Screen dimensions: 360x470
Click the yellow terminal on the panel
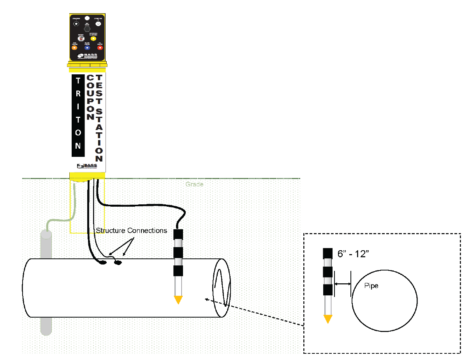tap(93, 39)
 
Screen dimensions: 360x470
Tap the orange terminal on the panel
tap(75, 48)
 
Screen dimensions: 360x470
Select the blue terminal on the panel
tap(87, 48)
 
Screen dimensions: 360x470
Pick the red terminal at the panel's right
tap(100, 48)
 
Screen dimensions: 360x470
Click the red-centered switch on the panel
tap(81, 39)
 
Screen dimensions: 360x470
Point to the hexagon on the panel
tap(87, 29)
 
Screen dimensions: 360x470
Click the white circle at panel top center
tap(87, 18)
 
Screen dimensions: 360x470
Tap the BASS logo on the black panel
tap(87, 56)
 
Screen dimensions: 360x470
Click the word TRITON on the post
tap(78, 113)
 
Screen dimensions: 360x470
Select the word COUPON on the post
tap(90, 97)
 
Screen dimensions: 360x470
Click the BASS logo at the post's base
tap(87, 166)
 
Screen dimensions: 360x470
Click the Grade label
tap(194, 184)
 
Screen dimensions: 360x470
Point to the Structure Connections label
tap(132, 230)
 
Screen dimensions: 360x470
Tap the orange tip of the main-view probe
tap(178, 300)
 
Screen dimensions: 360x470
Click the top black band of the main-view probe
tap(178, 234)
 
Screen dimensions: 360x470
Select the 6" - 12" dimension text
tap(353, 254)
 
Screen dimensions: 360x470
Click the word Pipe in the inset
tap(371, 286)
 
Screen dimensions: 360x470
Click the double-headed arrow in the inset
tap(343, 284)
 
